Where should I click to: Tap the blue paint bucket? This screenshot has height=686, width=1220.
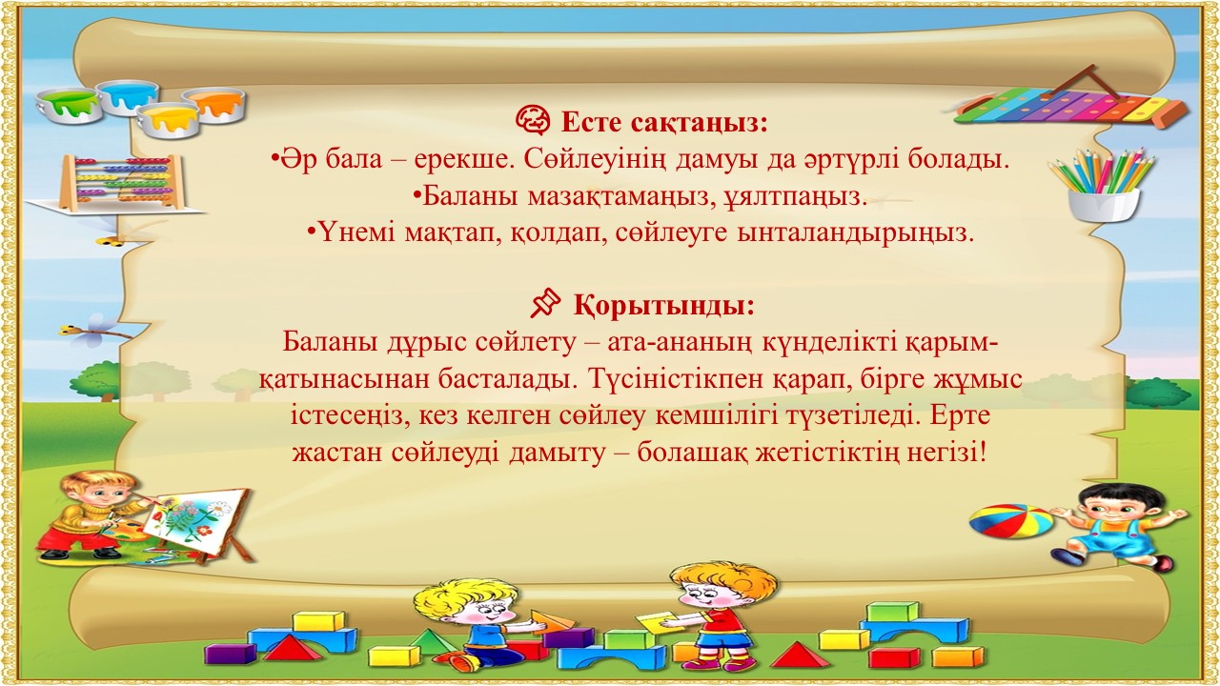128,98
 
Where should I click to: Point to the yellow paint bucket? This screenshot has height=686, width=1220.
167,122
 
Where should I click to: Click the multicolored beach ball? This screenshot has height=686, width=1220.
1010,521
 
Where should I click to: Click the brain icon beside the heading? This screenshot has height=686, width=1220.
533,120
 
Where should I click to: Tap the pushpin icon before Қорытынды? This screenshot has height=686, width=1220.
545,303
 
